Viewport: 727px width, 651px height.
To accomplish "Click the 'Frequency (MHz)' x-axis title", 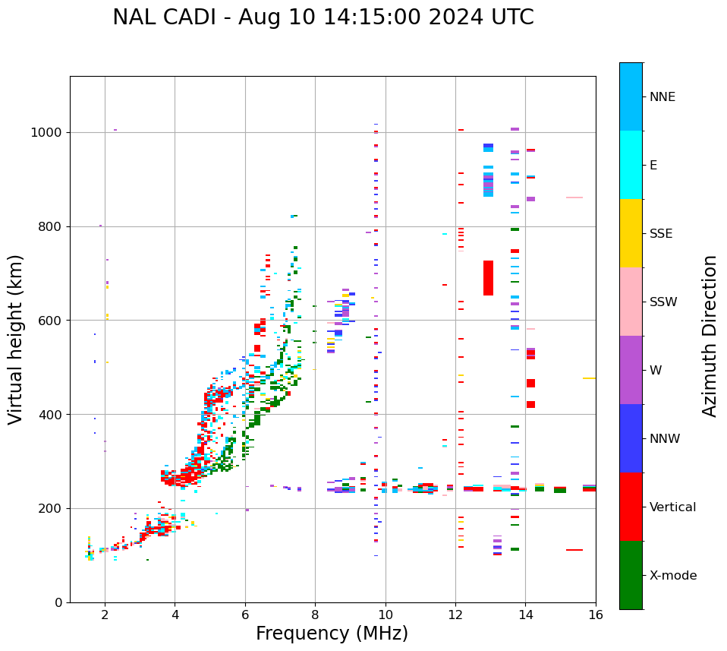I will coord(332,634).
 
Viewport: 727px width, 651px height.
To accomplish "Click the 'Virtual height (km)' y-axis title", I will coord(16,339).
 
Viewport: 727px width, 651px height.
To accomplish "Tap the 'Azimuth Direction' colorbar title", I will coord(710,335).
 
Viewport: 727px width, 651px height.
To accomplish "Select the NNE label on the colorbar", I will coord(662,97).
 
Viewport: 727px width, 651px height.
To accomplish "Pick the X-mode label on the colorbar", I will coord(672,576).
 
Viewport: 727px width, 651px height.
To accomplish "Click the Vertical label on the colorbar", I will coord(672,507).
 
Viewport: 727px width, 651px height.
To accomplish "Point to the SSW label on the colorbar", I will coord(662,302).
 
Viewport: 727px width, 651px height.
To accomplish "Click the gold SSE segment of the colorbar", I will coord(631,232).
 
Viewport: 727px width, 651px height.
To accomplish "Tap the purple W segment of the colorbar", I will coord(631,370).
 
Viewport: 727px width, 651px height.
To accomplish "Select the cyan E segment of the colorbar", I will coord(631,164).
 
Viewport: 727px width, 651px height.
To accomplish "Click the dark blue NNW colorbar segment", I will coord(631,438).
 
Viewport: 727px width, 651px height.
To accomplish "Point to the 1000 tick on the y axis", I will coord(47,132).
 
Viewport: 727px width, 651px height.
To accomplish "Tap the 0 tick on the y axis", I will coord(58,602).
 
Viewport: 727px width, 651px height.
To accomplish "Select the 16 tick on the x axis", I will coord(596,615).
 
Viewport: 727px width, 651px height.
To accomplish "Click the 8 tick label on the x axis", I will coord(315,615).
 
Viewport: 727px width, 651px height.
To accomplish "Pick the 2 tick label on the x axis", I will coord(105,615).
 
